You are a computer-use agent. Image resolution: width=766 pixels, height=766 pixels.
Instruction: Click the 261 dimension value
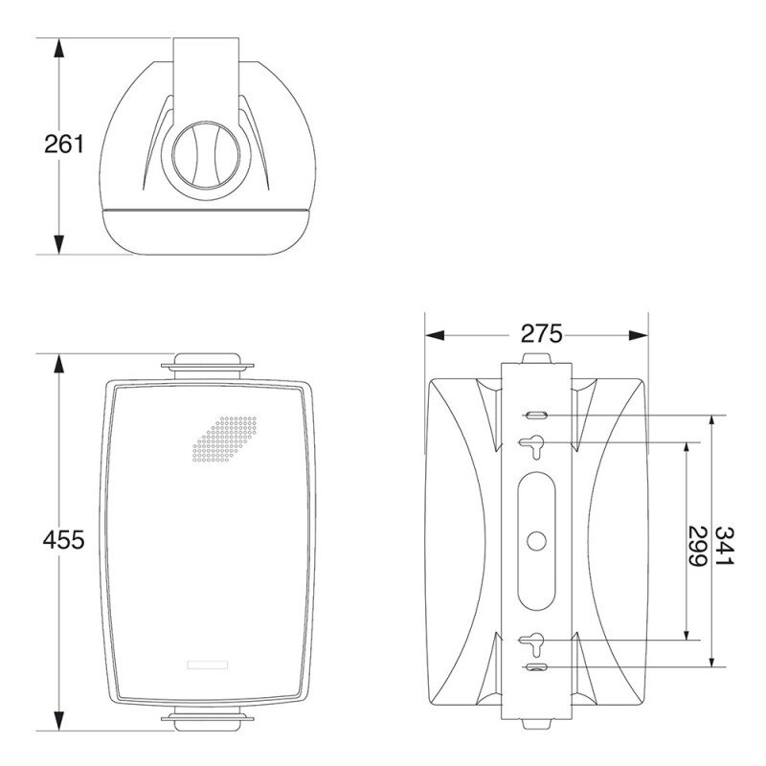(63, 145)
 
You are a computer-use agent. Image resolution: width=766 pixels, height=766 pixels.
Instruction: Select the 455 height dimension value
(63, 540)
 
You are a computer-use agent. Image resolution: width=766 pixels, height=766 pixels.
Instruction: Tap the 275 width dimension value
(541, 334)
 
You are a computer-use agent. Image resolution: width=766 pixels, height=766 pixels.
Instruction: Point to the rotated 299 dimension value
(698, 546)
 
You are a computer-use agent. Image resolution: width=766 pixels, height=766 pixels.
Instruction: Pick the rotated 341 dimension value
(725, 546)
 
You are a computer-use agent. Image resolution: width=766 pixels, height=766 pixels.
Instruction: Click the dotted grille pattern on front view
(225, 439)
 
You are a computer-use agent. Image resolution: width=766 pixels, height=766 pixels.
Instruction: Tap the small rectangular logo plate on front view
(208, 665)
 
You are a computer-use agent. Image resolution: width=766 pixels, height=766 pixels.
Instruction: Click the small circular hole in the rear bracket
(536, 541)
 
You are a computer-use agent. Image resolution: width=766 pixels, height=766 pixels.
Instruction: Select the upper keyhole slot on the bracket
(531, 445)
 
